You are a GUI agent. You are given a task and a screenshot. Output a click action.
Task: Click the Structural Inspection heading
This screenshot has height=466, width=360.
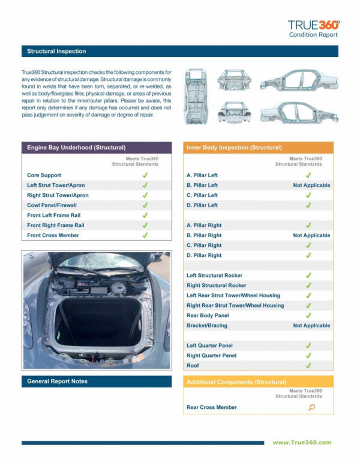click(x=56, y=52)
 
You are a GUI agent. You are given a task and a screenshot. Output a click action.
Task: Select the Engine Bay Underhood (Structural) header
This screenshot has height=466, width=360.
click(x=76, y=147)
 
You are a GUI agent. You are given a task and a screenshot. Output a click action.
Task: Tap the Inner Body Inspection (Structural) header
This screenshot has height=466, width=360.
click(x=234, y=147)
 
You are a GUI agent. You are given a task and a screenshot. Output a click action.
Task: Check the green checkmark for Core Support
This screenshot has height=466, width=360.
click(x=145, y=175)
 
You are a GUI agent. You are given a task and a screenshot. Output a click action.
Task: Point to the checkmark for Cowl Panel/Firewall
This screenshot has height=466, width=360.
click(x=145, y=205)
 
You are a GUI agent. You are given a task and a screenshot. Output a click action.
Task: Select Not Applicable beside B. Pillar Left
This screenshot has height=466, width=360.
click(x=311, y=186)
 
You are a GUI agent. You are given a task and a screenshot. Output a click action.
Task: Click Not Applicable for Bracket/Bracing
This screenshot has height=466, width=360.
click(x=311, y=325)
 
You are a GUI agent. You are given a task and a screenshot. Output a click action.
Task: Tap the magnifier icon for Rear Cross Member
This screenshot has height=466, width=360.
click(x=311, y=408)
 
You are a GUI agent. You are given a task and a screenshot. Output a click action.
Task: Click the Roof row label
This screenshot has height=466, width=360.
click(x=193, y=366)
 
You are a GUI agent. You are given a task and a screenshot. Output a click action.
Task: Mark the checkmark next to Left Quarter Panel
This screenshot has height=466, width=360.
click(x=308, y=346)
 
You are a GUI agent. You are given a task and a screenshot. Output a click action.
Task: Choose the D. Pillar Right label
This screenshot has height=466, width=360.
click(x=204, y=255)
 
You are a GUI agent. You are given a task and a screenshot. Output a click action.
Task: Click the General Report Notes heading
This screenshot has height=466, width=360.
click(x=57, y=381)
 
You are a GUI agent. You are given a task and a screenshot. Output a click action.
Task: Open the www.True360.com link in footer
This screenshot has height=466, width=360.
click(x=302, y=443)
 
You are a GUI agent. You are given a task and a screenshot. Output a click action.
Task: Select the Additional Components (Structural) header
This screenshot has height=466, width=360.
click(x=236, y=382)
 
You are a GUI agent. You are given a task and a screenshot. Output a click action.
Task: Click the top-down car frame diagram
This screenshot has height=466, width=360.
click(x=196, y=95)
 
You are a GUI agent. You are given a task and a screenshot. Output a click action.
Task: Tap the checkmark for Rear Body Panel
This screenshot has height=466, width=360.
click(x=308, y=315)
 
